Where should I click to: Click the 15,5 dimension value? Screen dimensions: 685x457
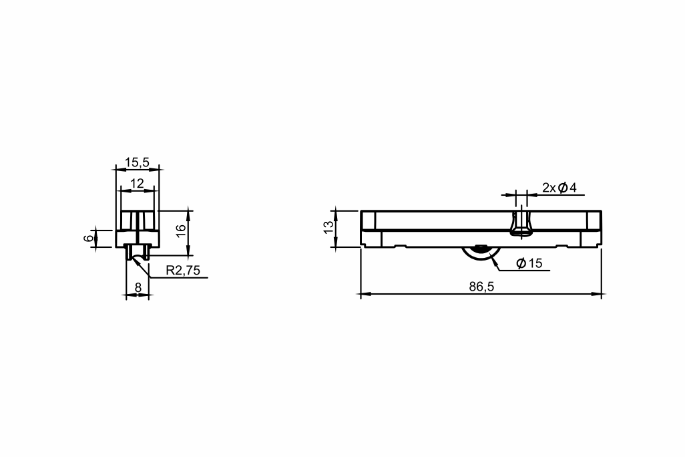(137, 162)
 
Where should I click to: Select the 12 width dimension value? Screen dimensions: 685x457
(137, 184)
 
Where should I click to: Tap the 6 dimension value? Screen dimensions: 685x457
(89, 238)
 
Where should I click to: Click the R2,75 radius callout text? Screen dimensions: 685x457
(183, 271)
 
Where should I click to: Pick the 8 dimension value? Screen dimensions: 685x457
(138, 288)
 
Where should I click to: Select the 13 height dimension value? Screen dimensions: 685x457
(328, 226)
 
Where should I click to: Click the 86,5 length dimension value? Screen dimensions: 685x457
(481, 287)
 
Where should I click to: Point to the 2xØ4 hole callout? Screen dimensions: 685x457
(559, 188)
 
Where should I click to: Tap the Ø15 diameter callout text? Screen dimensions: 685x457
(529, 263)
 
